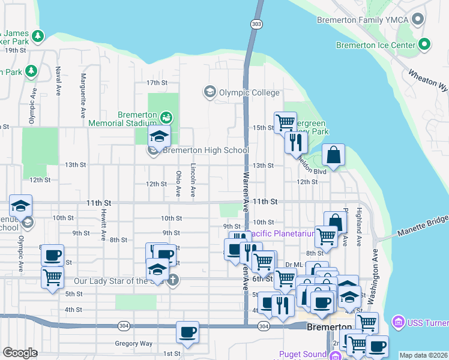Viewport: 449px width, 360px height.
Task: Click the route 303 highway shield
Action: pos(256,23)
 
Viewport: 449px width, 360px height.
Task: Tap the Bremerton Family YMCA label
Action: pos(363,20)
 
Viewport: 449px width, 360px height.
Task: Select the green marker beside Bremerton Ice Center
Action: pos(425,44)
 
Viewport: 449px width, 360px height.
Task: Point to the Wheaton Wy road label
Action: pos(428,80)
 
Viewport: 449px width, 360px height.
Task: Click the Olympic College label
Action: pos(249,92)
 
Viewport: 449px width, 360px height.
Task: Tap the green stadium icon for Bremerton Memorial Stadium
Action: pos(166,115)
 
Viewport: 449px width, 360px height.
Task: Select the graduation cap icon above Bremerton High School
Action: pos(159,136)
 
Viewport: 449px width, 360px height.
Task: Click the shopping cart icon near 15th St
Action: pos(285,122)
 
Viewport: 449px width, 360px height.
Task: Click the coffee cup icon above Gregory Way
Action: pos(187,332)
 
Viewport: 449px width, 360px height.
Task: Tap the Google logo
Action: pos(20,353)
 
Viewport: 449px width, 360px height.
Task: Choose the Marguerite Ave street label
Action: pos(83,95)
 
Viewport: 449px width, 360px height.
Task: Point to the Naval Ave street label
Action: pos(58,82)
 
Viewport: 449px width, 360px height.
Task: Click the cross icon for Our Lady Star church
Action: pos(173,280)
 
